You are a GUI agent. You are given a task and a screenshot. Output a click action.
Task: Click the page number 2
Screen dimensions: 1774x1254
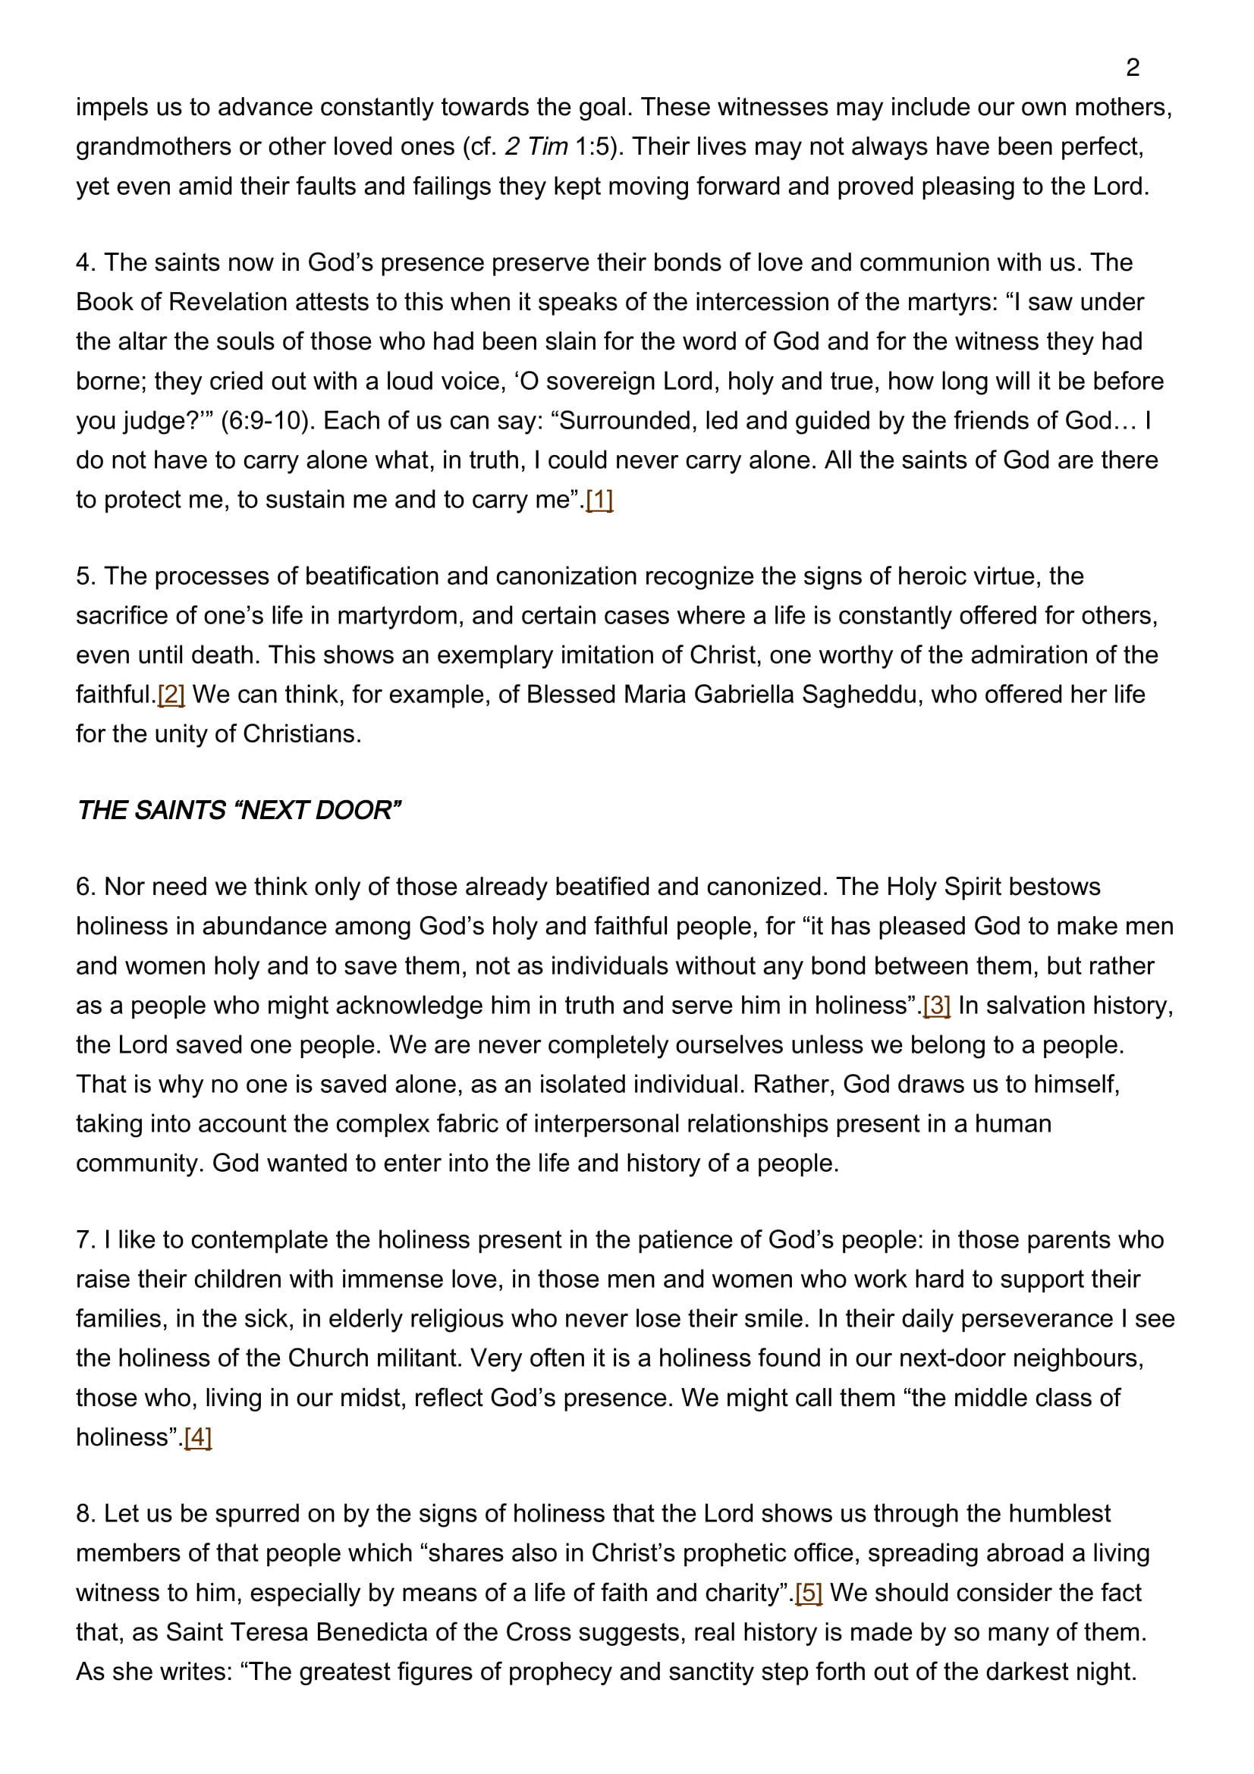(x=1132, y=68)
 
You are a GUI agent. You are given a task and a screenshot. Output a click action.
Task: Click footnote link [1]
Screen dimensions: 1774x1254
(x=599, y=500)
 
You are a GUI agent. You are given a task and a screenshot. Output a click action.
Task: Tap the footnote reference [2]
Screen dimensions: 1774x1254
(x=171, y=695)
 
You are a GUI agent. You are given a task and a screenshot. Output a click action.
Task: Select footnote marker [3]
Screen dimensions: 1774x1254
(x=936, y=1005)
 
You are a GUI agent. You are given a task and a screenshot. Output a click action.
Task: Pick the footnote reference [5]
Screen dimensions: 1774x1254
(x=808, y=1593)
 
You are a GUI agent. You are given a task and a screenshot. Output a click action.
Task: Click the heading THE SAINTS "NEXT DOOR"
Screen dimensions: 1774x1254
(x=238, y=810)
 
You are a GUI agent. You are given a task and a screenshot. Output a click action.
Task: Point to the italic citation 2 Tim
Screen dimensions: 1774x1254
(x=536, y=147)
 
